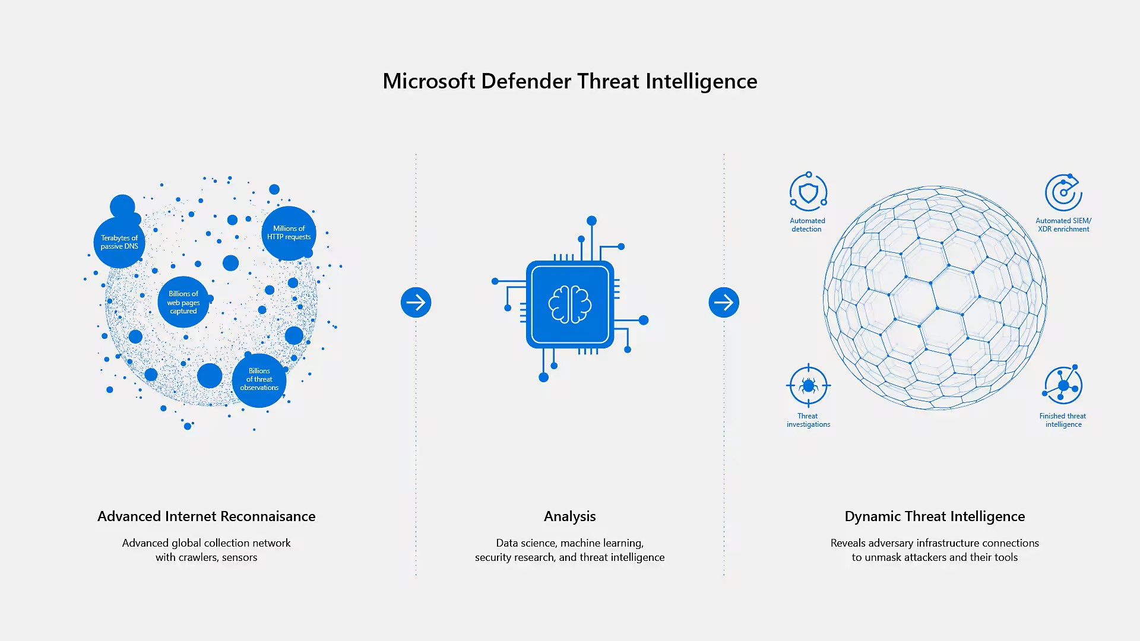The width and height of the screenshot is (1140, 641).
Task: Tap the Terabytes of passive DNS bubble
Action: tap(119, 242)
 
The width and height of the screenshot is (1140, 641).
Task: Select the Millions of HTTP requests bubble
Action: tap(289, 233)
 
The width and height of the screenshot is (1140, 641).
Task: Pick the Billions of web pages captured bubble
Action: tap(183, 302)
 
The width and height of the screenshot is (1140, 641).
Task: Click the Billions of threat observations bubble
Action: tap(259, 380)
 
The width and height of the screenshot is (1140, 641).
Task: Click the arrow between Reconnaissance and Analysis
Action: tap(416, 303)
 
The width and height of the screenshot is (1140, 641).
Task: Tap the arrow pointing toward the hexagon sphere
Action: tap(724, 303)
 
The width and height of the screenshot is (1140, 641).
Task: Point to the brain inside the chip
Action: tap(570, 304)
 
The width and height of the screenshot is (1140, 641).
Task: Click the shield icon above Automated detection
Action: tap(808, 192)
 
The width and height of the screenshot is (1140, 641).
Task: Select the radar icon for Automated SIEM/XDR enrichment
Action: tap(1063, 192)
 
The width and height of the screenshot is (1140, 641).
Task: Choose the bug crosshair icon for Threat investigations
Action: tap(808, 386)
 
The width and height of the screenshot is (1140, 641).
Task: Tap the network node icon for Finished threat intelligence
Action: tap(1063, 385)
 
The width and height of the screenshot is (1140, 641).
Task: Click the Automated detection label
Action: tap(807, 225)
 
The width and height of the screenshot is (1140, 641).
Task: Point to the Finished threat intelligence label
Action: tap(1063, 420)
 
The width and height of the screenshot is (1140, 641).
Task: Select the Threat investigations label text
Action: tap(808, 420)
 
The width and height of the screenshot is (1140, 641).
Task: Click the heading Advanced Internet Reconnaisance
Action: tap(207, 516)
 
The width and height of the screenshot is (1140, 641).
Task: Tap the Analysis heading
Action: tap(570, 517)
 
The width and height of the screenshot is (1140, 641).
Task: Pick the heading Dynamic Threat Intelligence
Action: tap(935, 517)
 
